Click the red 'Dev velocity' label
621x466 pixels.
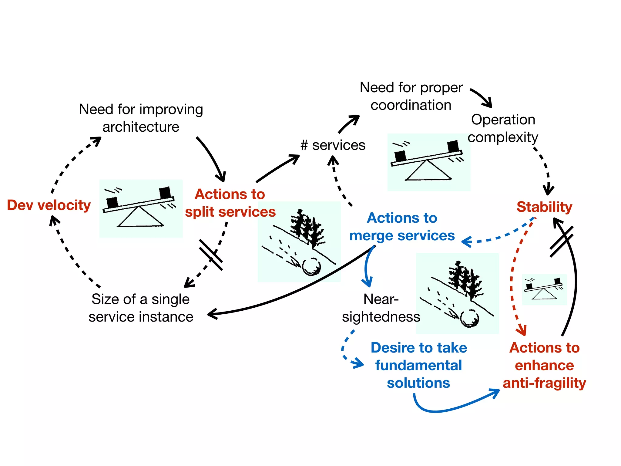click(x=49, y=205)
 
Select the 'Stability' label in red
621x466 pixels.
click(x=544, y=207)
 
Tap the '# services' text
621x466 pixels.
click(x=333, y=145)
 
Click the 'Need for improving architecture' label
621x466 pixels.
click(x=141, y=118)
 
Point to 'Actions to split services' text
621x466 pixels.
click(x=230, y=203)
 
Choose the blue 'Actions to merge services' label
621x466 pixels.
click(x=402, y=227)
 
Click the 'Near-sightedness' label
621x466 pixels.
click(x=381, y=308)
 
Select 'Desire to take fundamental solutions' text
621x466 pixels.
click(x=418, y=365)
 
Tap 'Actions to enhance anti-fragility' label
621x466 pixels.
click(x=544, y=365)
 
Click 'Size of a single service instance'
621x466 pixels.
click(x=141, y=308)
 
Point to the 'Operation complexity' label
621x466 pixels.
click(x=503, y=128)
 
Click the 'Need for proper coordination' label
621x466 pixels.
click(x=411, y=96)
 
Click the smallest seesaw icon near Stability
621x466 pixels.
click(x=544, y=289)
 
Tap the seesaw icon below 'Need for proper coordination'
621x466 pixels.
click(x=428, y=162)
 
